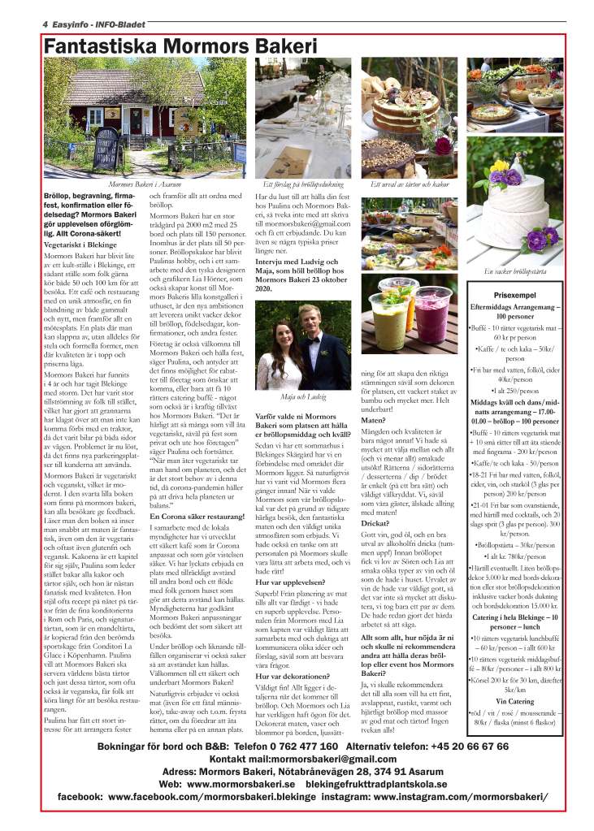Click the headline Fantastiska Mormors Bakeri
click(180, 47)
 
